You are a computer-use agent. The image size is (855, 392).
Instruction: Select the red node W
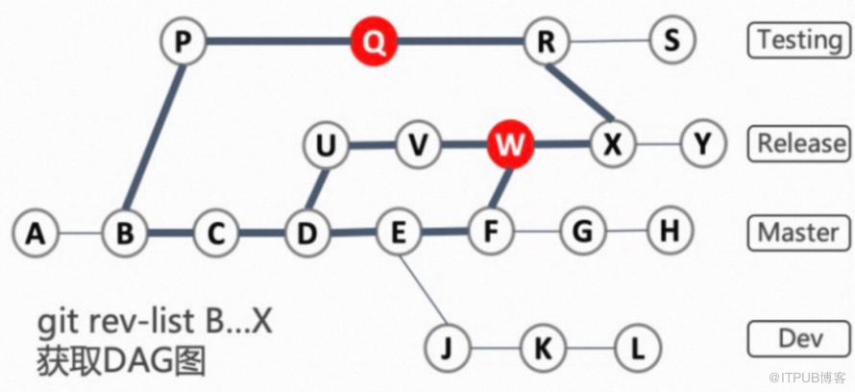click(510, 145)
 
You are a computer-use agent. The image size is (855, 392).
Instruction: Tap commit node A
click(36, 234)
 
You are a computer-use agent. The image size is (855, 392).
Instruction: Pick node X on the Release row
click(614, 144)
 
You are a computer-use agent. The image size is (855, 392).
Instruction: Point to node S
click(672, 39)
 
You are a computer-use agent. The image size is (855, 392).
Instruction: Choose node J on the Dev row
click(447, 347)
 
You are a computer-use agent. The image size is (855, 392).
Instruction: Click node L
click(638, 347)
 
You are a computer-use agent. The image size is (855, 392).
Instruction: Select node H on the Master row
click(671, 231)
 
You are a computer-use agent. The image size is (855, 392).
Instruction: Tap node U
click(326, 146)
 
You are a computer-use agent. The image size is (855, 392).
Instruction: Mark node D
click(307, 233)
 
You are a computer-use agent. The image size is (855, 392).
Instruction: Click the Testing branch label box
click(799, 39)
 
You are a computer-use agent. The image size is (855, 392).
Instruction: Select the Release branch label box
click(799, 143)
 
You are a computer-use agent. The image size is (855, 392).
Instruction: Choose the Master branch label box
click(799, 233)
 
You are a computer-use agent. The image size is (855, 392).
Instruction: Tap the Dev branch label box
click(799, 339)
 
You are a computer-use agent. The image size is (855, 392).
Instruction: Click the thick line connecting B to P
click(156, 136)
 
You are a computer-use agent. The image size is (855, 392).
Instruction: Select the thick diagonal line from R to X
click(580, 92)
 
